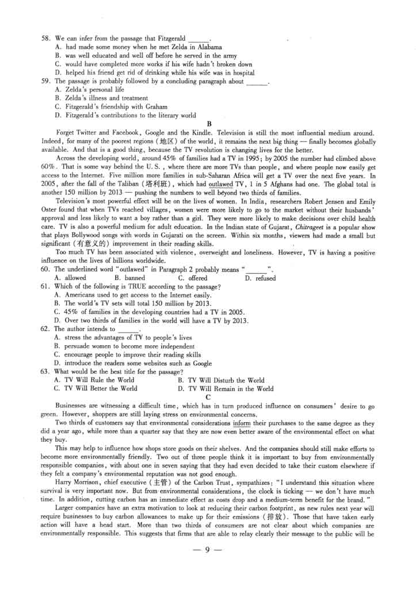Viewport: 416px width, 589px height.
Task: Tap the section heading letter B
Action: tap(209, 124)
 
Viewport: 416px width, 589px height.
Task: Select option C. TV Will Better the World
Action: tap(96, 388)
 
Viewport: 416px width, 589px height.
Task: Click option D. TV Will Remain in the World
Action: tap(226, 388)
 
